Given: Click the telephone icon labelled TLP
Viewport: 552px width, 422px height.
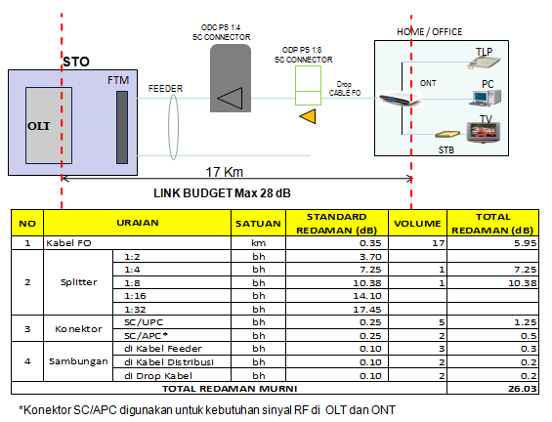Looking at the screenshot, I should [x=483, y=61].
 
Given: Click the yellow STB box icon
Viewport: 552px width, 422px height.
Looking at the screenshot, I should [x=446, y=135].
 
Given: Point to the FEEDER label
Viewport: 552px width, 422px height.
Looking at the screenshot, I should [x=165, y=88].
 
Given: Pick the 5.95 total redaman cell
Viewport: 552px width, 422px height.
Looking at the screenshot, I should [x=520, y=241].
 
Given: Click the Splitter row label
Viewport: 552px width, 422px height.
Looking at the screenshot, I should [x=70, y=282].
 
